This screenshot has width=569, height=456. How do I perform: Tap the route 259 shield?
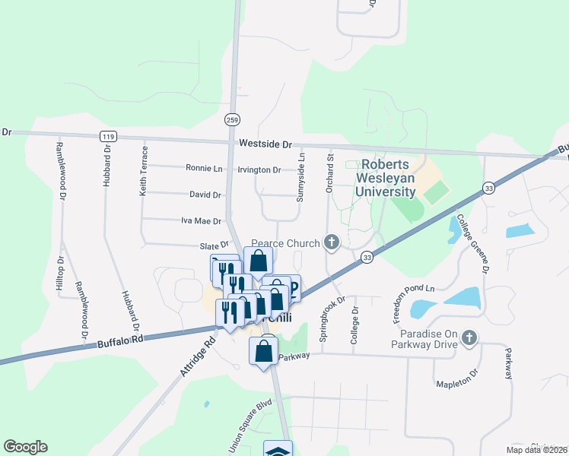coord(233,119)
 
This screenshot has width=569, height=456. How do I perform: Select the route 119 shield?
coord(107,136)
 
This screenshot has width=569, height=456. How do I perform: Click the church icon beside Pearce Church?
coord(331,242)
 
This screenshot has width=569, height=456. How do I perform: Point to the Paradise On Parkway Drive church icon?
coord(469,337)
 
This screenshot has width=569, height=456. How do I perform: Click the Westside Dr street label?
coord(265,144)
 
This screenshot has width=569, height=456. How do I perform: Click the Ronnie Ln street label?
coord(205,168)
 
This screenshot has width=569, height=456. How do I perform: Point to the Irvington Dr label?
coord(259,169)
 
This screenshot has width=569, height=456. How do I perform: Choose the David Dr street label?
coord(205,195)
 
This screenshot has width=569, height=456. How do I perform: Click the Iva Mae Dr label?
coord(201,221)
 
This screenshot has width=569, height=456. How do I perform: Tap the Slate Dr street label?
coord(214,245)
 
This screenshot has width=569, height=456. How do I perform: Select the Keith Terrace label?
coord(142,174)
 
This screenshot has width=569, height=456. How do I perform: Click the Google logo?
coord(25,447)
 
